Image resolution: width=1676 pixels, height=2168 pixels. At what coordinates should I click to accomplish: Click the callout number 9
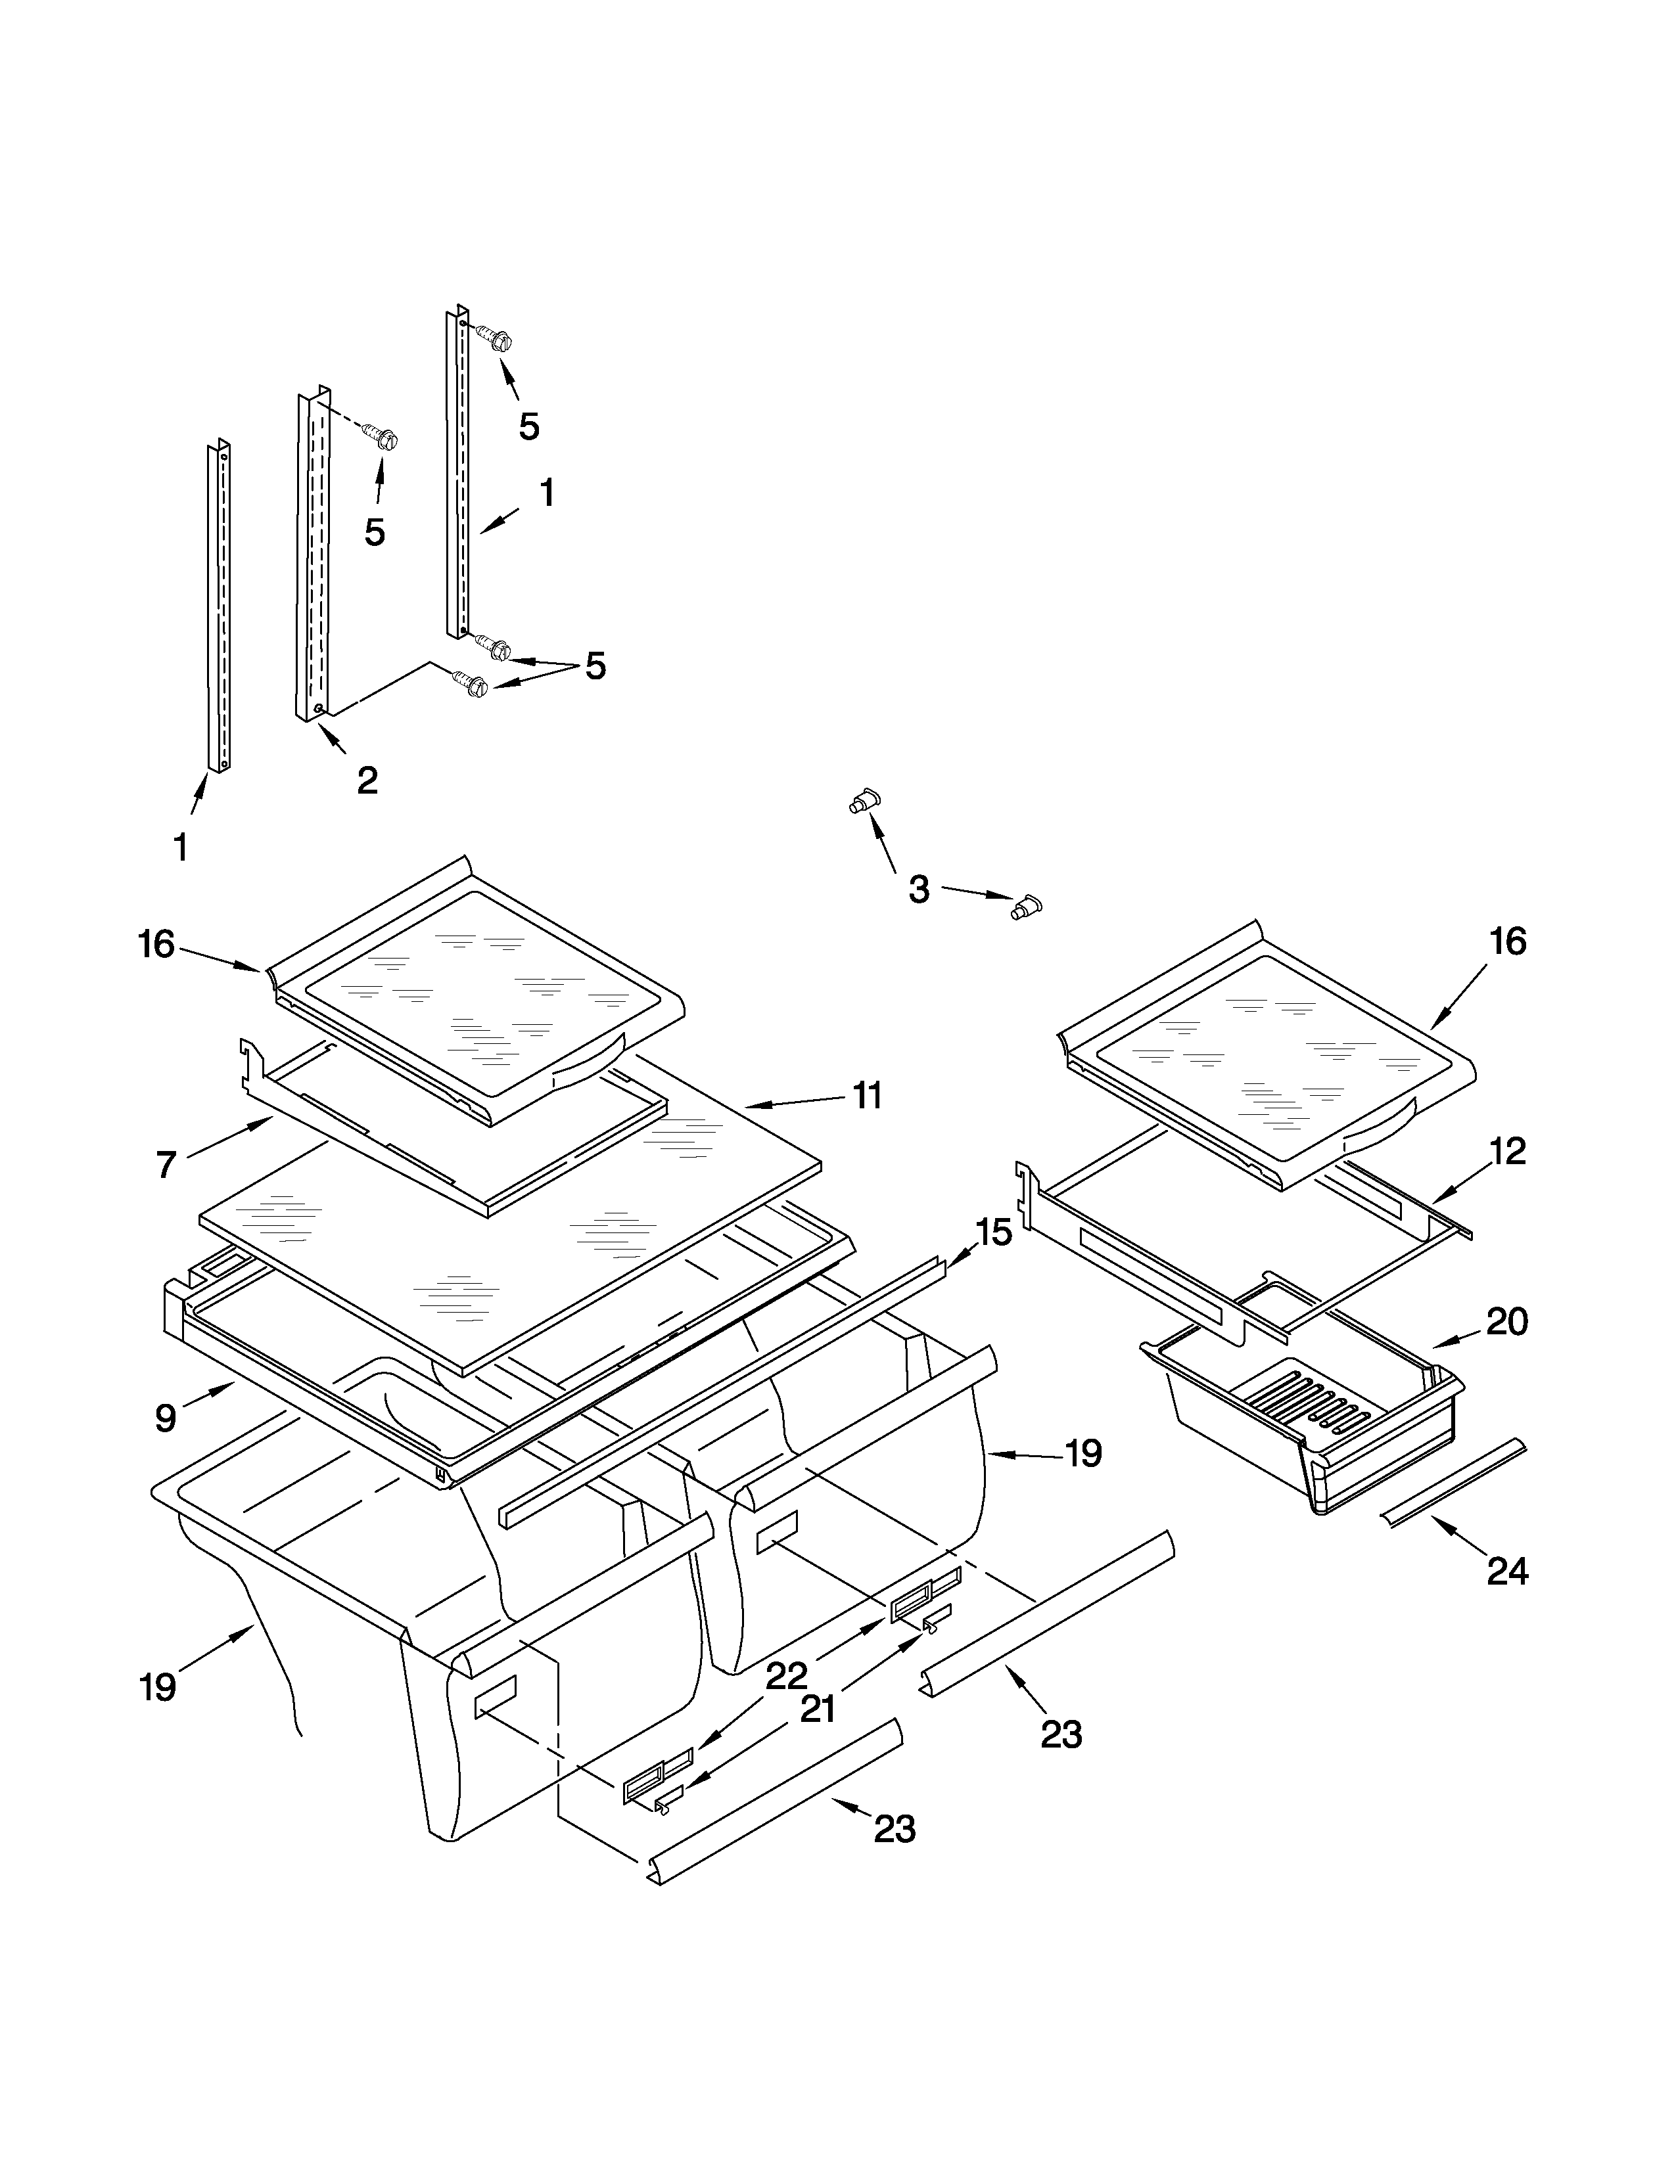[166, 1418]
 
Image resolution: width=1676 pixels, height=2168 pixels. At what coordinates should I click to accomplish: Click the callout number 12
[1506, 1152]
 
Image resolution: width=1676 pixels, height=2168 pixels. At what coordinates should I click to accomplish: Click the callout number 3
[918, 890]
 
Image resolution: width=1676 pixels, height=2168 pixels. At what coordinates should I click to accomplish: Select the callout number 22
[785, 1677]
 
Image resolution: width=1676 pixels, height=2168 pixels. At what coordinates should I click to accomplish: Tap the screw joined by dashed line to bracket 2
[383, 437]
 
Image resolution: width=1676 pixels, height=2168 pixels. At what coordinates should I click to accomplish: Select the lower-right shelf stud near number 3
[1026, 907]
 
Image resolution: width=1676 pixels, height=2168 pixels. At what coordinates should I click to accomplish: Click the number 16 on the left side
[156, 944]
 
